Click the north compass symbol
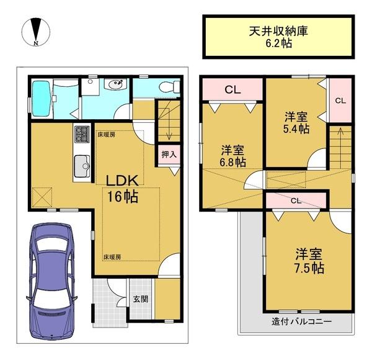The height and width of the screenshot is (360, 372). coord(36,32)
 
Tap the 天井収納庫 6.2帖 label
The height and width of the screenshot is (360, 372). coord(278,37)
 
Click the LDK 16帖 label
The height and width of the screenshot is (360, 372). coord(122,189)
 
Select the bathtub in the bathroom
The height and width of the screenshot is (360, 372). coord(42,99)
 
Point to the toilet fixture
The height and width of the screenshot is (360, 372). coord(170,87)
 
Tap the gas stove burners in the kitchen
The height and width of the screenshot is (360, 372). coord(82,134)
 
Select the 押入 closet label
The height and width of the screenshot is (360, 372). coord(169,155)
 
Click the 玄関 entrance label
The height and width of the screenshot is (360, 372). coord(141,299)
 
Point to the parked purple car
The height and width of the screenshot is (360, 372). coord(52,281)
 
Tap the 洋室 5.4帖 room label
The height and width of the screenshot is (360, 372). coord(296,123)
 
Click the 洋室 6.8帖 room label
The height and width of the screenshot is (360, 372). coord(232,156)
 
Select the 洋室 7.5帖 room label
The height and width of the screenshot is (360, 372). coord(309,261)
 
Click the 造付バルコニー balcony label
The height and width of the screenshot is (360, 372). coord(301,322)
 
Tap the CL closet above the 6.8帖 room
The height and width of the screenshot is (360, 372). coord(232,90)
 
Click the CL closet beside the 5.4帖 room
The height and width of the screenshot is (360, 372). coord(340,101)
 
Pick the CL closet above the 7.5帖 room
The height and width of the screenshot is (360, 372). coord(296,201)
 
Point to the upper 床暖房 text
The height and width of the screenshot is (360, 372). coord(107,135)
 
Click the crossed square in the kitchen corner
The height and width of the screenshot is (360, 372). coord(42,197)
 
